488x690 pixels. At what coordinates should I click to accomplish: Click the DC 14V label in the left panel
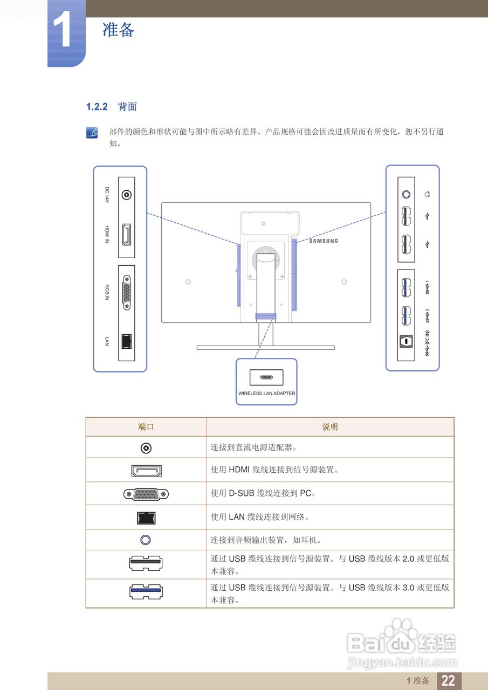pos(107,195)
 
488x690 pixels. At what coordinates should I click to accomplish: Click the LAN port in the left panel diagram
pos(127,341)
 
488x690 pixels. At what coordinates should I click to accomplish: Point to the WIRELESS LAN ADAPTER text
pos(266,394)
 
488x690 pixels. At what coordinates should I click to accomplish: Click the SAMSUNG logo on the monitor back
pos(324,241)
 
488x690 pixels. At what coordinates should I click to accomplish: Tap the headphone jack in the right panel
pos(406,194)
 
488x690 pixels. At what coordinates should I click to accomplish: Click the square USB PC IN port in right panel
pos(406,342)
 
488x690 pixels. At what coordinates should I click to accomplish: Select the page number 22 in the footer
pos(448,681)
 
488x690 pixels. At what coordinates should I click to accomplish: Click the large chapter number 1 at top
pos(66,32)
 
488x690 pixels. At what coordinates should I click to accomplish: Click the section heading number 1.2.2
pos(98,107)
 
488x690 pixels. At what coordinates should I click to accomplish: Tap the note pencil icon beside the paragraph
pos(93,133)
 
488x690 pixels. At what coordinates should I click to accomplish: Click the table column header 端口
pos(146,427)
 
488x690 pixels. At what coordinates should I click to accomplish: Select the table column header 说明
pos(329,427)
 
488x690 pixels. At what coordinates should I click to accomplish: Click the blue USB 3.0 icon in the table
pos(146,591)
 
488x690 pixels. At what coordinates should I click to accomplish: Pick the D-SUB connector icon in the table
pos(146,493)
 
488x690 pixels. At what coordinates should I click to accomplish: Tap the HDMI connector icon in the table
pos(146,471)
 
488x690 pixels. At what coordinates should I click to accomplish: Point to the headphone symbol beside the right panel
pos(428,194)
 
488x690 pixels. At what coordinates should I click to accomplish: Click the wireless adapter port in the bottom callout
pos(266,377)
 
